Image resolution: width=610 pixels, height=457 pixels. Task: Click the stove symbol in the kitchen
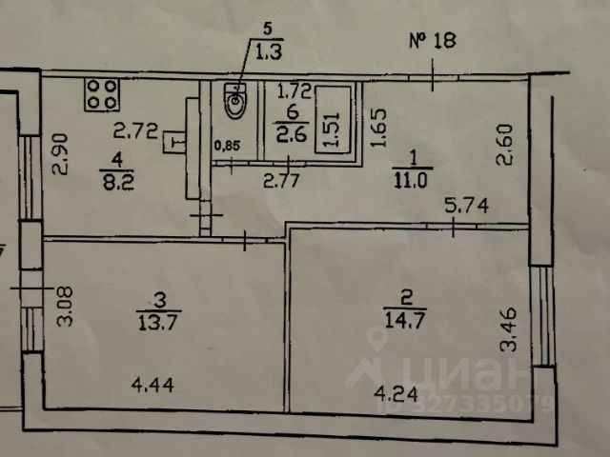tap(102, 93)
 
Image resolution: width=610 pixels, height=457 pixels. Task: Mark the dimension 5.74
tap(463, 205)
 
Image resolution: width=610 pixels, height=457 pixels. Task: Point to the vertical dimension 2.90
tap(60, 153)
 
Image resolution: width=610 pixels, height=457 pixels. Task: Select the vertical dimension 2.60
tap(505, 144)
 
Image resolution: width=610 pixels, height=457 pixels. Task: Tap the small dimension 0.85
tap(227, 146)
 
